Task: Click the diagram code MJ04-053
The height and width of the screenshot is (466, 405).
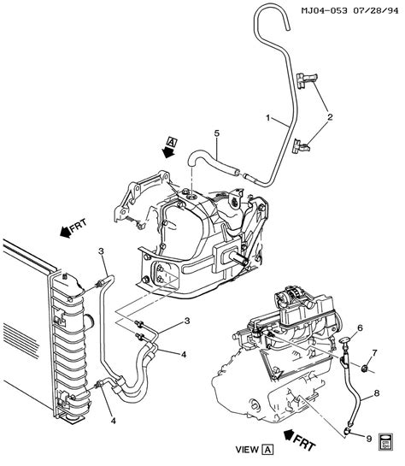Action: pos(324,11)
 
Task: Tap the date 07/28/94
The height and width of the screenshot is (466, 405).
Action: pos(375,11)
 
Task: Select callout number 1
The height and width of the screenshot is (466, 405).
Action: pos(268,118)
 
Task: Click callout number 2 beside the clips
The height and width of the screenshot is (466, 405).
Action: pos(330,117)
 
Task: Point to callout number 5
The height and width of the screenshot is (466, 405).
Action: pos(217,133)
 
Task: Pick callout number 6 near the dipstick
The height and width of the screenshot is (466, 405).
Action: pos(360,327)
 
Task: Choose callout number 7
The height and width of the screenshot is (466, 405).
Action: pos(374,353)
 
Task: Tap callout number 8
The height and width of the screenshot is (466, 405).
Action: pos(377,393)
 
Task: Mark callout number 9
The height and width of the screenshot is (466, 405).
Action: pos(369,439)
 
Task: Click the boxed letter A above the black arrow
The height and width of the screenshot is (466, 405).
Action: pos(173,142)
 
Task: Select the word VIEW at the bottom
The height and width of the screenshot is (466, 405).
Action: pos(247,450)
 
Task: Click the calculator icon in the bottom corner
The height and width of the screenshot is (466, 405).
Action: pos(386,441)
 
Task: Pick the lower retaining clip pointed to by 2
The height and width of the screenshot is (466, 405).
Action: pos(301,146)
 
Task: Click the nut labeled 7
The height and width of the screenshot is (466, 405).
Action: pos(364,369)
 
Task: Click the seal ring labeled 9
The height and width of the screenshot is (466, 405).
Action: pos(348,430)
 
